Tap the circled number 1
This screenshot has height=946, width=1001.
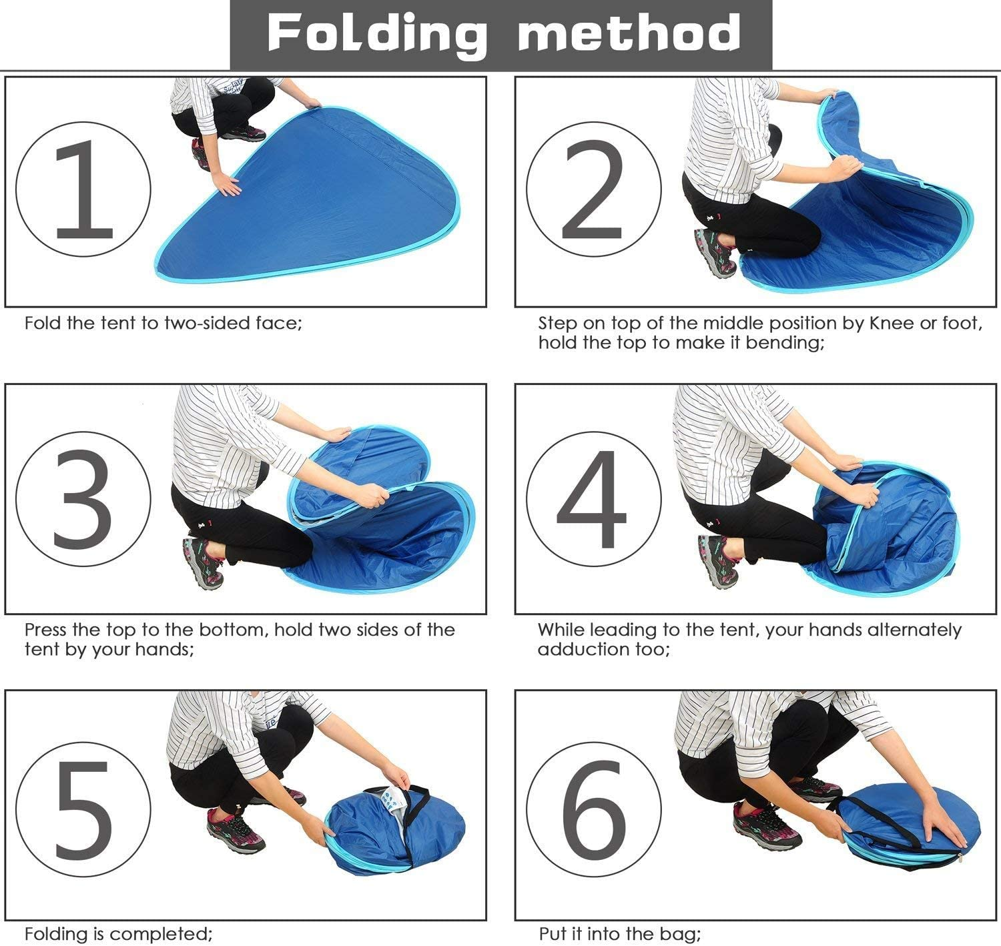click(x=83, y=189)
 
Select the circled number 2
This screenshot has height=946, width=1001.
click(x=593, y=189)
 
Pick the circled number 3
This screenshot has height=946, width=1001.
click(x=83, y=498)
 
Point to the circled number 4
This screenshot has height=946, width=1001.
click(x=593, y=498)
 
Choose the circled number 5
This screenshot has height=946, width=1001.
click(x=83, y=809)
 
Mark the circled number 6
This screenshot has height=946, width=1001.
click(x=593, y=809)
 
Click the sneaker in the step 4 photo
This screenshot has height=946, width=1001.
click(x=718, y=561)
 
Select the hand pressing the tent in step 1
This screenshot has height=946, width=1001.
click(x=226, y=185)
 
